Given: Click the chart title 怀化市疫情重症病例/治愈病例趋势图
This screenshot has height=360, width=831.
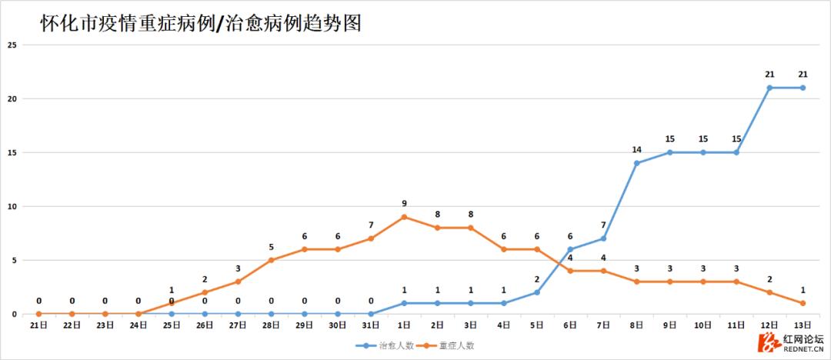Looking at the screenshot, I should (x=201, y=25).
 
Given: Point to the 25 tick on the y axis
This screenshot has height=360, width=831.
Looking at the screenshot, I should (x=12, y=45).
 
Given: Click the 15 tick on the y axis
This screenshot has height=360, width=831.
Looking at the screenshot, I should (x=12, y=152).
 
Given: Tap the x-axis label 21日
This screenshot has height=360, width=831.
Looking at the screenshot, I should (x=38, y=325).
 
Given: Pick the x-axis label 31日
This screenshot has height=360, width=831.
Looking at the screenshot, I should (x=371, y=325).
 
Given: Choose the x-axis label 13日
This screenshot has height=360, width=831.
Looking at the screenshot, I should (x=803, y=325).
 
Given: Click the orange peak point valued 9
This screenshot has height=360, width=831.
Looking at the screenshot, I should (x=404, y=217).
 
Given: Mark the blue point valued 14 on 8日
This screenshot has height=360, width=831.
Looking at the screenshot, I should (x=636, y=163).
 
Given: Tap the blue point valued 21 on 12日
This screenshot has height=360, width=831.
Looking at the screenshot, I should (x=769, y=88).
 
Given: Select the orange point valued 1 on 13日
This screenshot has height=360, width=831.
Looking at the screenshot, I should (x=803, y=303).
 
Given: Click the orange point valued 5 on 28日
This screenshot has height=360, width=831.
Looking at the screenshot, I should (x=271, y=260).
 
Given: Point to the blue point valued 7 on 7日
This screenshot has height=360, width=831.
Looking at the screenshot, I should (x=603, y=238).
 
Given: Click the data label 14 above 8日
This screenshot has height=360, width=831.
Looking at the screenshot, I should (x=636, y=150).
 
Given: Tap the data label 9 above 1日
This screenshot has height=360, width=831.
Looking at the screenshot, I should (x=404, y=204).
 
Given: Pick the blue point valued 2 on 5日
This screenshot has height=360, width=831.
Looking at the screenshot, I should (x=537, y=292).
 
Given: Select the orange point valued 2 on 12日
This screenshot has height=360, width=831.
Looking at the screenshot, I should (x=769, y=292).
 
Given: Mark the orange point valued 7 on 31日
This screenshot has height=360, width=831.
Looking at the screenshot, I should (x=371, y=238).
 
